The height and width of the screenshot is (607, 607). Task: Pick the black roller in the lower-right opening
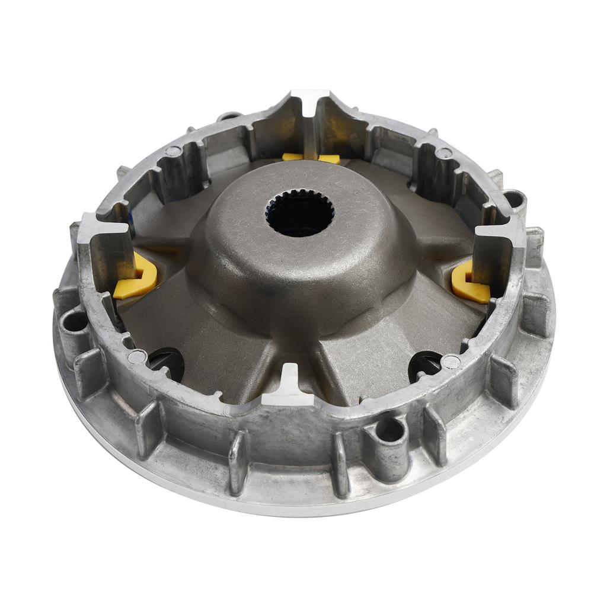(425, 366)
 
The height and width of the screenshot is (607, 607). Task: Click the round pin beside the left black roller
(137, 356)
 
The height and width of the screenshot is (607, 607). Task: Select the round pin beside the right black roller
(452, 361)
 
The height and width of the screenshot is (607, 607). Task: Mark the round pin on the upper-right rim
(443, 154)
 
